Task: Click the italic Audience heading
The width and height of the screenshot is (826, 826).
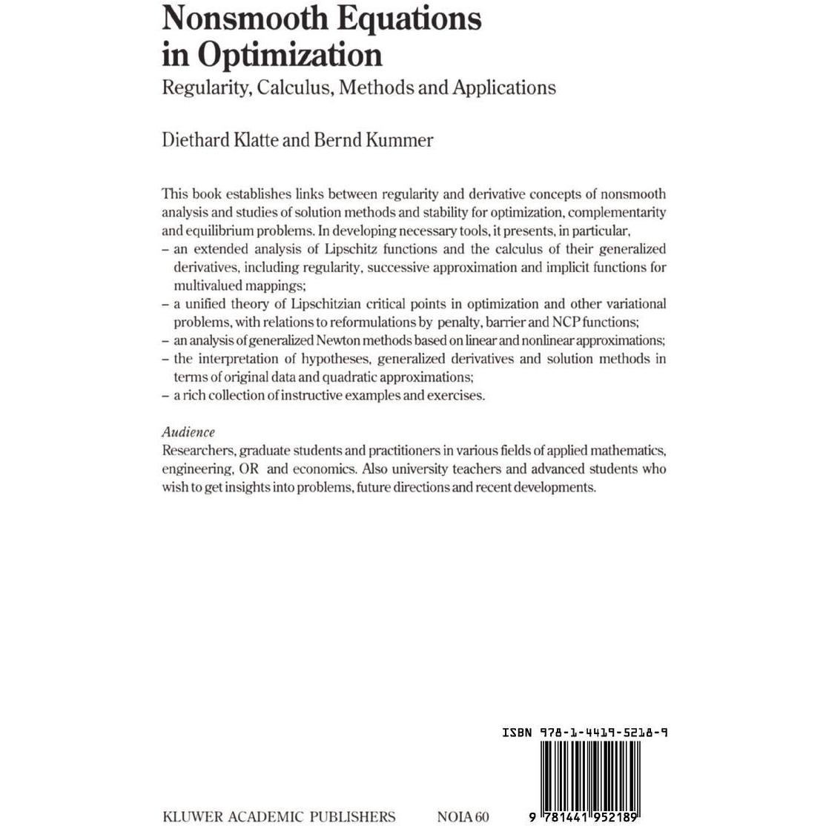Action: pyautogui.click(x=188, y=432)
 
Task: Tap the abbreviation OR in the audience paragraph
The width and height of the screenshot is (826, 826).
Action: pyautogui.click(x=248, y=469)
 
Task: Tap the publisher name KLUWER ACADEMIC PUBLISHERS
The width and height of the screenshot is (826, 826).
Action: pyautogui.click(x=279, y=816)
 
